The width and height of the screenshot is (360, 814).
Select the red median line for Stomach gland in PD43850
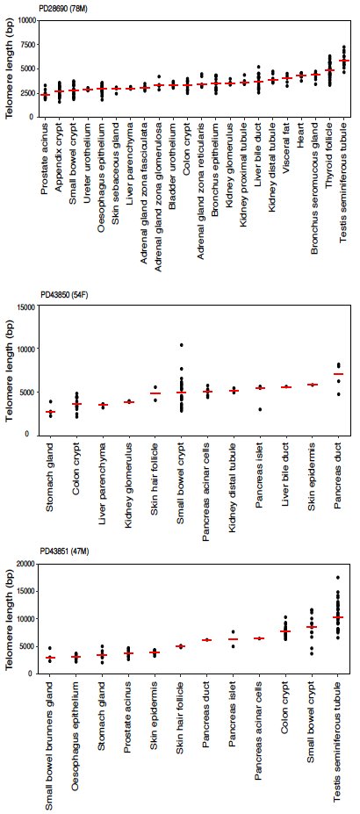51,412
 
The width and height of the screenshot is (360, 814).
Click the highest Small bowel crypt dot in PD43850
180,345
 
